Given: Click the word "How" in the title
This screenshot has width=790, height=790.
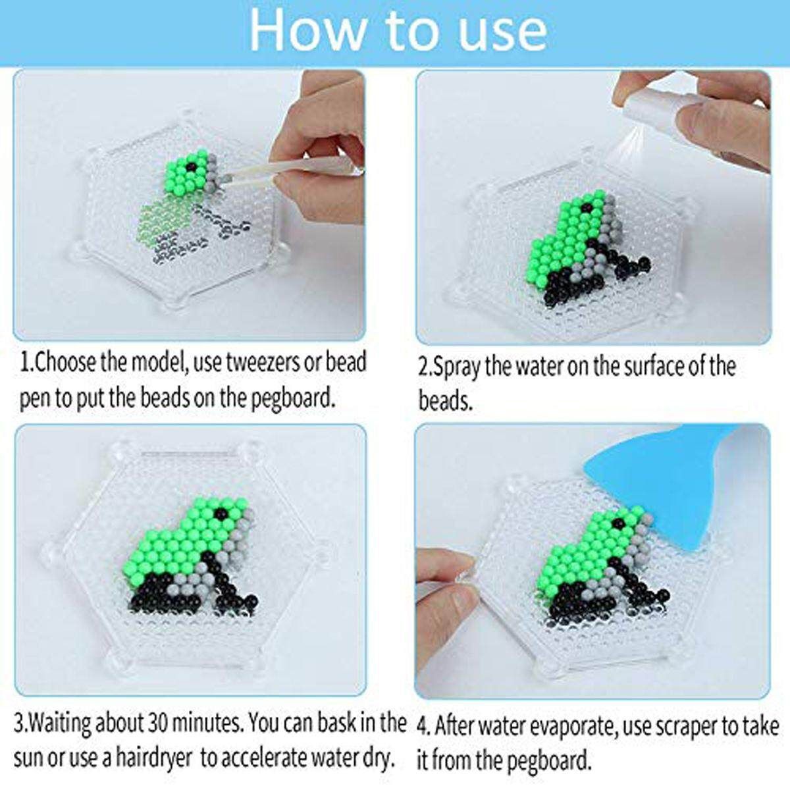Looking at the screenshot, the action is click(x=307, y=29).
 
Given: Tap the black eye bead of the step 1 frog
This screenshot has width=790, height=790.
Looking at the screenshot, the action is click(x=190, y=167).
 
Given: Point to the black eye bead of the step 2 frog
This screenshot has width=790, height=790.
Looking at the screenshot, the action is click(x=587, y=206).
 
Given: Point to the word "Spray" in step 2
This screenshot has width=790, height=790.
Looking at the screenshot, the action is click(x=455, y=367).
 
